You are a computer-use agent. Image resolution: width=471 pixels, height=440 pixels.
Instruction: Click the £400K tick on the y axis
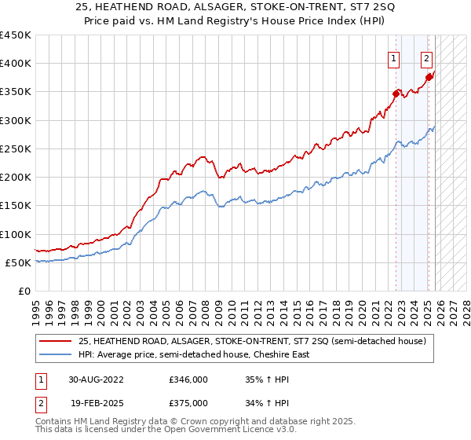16,64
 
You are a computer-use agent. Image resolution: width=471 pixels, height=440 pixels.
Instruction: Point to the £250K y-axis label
16,148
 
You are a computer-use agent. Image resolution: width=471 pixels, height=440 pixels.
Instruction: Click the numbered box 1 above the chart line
393,57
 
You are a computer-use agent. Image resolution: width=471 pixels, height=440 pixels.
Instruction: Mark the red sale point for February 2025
429,77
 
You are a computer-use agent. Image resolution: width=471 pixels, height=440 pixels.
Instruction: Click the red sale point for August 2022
396,93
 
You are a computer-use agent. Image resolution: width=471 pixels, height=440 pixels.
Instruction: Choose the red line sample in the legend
57,341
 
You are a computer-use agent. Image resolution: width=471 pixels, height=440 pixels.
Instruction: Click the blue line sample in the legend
57,354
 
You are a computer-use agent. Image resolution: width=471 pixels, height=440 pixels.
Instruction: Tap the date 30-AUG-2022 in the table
96,379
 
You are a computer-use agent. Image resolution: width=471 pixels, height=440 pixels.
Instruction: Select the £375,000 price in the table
188,402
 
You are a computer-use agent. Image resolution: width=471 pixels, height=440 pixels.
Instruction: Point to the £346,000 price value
188,379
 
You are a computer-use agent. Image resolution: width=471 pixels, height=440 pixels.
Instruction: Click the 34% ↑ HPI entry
268,402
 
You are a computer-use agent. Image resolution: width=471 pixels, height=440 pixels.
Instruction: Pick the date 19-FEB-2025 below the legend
96,402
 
